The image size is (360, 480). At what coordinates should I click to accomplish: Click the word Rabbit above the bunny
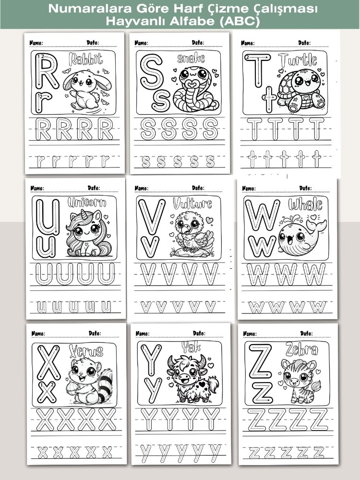(x=86, y=60)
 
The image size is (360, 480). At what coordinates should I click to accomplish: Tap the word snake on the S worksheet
(x=191, y=58)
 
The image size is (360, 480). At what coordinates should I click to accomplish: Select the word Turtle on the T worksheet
(x=298, y=60)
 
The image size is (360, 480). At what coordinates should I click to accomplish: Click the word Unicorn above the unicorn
(x=87, y=203)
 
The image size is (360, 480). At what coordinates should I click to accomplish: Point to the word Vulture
(x=192, y=203)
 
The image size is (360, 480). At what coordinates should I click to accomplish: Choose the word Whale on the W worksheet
(x=305, y=204)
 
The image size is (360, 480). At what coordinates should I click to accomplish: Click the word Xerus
(x=86, y=351)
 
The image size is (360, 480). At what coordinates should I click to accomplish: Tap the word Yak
(x=191, y=347)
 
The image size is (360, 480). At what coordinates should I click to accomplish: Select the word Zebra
(x=301, y=349)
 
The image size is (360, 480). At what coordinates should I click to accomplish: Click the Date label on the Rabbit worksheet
(x=93, y=42)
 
